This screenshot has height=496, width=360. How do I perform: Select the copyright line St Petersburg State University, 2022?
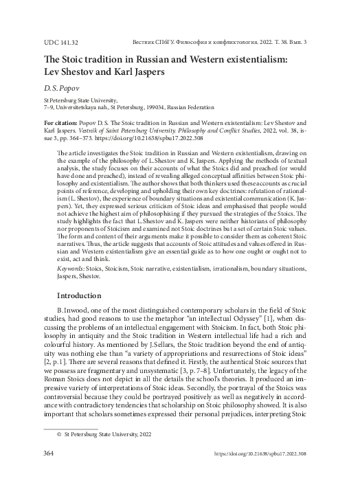click(x=102, y=434)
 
